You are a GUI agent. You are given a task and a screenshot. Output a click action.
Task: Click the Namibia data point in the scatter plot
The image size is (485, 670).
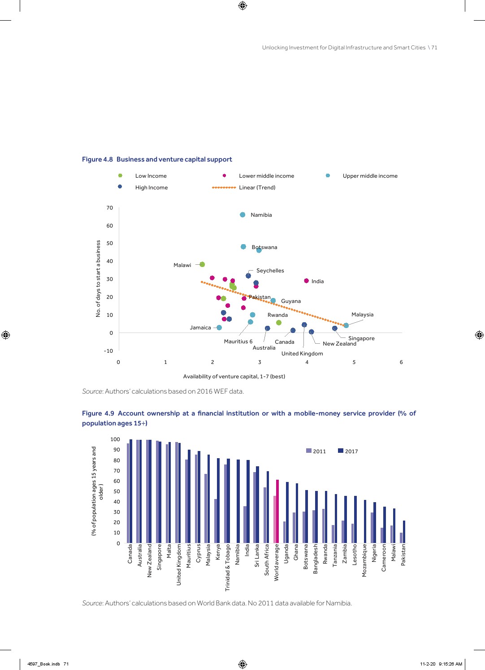coord(242,215)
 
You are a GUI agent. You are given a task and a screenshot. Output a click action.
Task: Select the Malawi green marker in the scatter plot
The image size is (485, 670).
coord(202,264)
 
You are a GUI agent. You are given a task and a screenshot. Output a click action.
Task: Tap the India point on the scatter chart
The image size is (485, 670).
coord(307,281)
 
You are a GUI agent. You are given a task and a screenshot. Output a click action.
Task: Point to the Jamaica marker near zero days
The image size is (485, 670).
coord(219,328)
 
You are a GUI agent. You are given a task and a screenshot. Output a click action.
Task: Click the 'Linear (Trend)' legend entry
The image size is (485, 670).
coord(257,188)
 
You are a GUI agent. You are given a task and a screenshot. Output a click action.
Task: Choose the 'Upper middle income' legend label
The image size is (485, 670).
coord(370,176)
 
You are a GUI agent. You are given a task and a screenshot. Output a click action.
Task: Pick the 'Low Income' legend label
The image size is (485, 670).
coord(151,176)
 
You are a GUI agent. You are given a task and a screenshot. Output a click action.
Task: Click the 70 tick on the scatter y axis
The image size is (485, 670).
coord(110,208)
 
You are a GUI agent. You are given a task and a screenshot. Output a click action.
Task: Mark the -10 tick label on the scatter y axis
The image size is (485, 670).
coord(108,351)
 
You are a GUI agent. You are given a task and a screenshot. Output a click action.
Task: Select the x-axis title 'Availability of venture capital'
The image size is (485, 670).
coord(234,377)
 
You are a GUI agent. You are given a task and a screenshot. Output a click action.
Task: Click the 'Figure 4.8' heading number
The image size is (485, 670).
coord(97,159)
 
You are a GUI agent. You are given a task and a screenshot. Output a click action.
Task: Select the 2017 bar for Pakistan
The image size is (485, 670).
coord(404,532)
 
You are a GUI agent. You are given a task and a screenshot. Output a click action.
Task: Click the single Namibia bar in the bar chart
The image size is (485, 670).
coord(238,501)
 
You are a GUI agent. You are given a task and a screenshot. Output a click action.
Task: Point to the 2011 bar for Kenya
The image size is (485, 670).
coord(216,521)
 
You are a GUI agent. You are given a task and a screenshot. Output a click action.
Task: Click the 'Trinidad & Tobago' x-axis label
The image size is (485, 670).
coord(228,568)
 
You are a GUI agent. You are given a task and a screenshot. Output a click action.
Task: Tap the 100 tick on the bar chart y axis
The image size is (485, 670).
coord(115,439)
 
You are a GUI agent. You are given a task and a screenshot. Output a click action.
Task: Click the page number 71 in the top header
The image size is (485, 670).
coord(434,48)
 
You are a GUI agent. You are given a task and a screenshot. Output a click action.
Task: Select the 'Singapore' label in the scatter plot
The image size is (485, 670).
coord(361,338)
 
